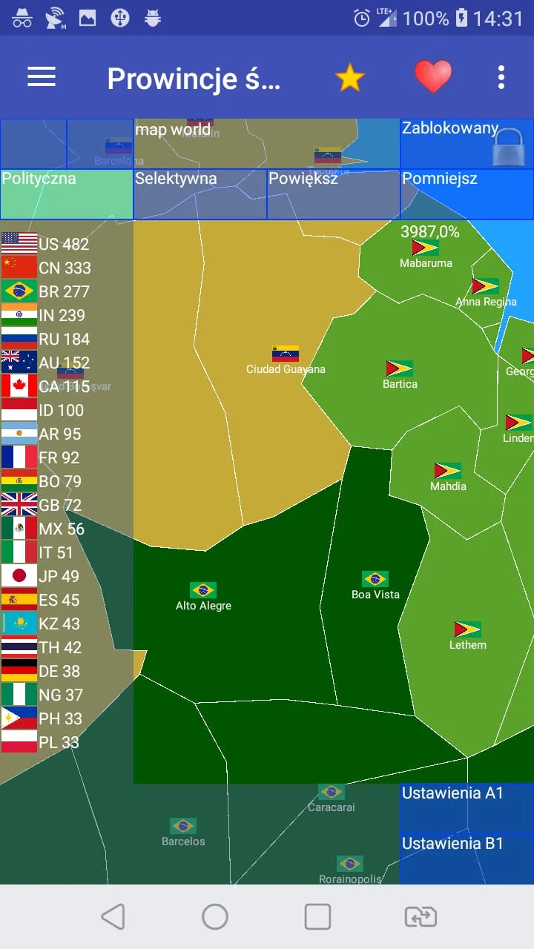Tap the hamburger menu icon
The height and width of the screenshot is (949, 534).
click(x=42, y=76)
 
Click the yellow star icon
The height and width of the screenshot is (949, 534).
click(x=349, y=77)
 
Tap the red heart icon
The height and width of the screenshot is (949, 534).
click(x=432, y=76)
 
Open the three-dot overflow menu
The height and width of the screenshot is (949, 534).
click(x=501, y=77)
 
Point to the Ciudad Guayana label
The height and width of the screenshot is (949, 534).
click(x=286, y=369)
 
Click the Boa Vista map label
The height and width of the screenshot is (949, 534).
click(x=375, y=595)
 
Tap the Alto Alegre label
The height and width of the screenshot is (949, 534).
click(x=203, y=606)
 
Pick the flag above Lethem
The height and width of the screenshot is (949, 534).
click(x=468, y=629)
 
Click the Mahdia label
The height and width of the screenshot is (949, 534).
click(x=448, y=486)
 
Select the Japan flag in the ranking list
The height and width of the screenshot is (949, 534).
click(x=19, y=576)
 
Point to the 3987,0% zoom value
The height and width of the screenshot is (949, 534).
click(x=430, y=232)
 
